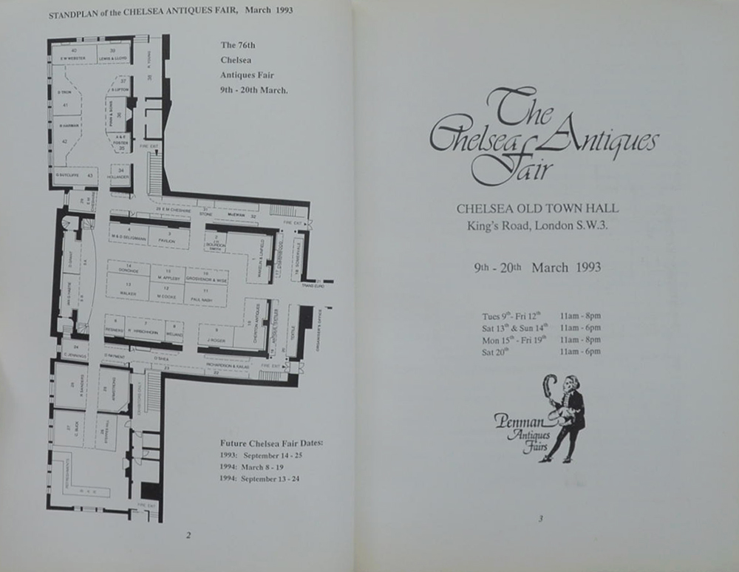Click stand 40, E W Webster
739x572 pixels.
click(75, 54)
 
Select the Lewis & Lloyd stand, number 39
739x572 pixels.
click(112, 53)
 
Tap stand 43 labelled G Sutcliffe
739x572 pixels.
click(75, 175)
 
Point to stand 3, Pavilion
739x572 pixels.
click(169, 237)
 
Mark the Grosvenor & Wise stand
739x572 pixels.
click(205, 277)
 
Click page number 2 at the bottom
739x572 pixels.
click(188, 535)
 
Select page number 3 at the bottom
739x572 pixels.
click(541, 519)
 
